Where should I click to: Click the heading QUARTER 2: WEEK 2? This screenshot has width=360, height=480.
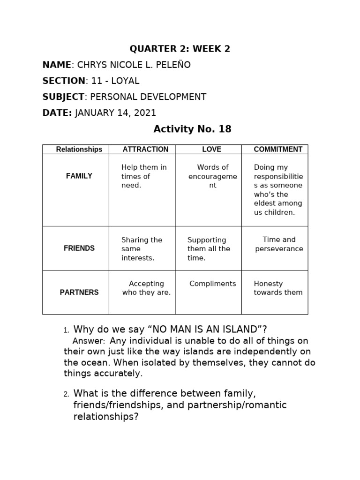(x=180, y=49)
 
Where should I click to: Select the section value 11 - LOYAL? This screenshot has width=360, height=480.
(x=115, y=81)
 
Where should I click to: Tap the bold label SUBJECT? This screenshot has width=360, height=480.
(x=63, y=97)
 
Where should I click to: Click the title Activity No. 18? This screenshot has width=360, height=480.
(x=193, y=129)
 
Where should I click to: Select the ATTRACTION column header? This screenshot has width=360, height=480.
(x=145, y=150)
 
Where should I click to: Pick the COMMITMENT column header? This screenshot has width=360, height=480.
(x=278, y=150)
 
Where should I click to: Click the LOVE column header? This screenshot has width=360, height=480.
(x=211, y=150)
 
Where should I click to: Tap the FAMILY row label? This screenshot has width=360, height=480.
(x=79, y=176)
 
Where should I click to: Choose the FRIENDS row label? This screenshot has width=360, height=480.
(x=79, y=248)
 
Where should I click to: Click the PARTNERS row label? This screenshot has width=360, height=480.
(x=79, y=292)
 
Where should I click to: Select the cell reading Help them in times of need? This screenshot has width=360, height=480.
(x=143, y=176)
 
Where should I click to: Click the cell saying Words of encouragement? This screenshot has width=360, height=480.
(x=213, y=176)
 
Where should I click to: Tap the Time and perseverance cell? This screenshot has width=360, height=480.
(x=279, y=244)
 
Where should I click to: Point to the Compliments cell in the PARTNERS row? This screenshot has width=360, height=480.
(x=213, y=284)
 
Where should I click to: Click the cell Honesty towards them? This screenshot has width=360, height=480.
(x=278, y=288)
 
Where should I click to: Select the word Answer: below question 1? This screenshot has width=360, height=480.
(x=89, y=341)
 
